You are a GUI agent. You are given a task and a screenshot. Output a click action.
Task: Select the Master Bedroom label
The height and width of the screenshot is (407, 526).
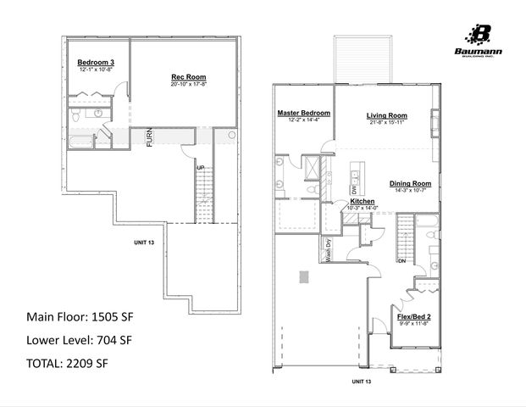point(303,113)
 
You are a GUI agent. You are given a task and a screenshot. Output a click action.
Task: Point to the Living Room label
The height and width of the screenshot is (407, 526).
point(386,115)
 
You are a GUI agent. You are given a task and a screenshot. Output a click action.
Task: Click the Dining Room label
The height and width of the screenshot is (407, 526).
point(410,183)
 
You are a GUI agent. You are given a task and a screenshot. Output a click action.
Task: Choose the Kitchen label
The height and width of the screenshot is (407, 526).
point(350,202)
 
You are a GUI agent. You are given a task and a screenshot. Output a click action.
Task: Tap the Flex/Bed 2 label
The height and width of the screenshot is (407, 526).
point(415,317)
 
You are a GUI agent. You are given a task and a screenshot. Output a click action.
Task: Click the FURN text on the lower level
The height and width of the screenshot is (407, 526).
point(149,137)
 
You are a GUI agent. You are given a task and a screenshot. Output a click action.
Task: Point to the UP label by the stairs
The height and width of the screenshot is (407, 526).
point(201,166)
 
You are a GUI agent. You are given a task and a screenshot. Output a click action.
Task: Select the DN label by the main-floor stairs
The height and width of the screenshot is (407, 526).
point(402,261)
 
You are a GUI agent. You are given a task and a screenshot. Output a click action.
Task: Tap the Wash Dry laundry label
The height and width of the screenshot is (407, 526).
point(327,251)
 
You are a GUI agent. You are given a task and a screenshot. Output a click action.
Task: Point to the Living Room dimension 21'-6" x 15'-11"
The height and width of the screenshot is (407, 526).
point(386,122)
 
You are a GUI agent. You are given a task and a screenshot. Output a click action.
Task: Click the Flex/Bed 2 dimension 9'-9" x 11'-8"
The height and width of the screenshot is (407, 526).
point(415,324)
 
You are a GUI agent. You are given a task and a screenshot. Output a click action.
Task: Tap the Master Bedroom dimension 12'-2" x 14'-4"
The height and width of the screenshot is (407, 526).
point(303,120)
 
